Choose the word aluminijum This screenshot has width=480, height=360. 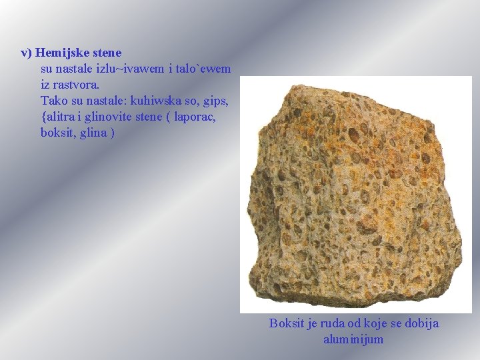(x=353, y=339)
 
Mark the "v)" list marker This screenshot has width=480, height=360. (x=26, y=52)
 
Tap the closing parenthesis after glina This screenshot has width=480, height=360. (x=112, y=133)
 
